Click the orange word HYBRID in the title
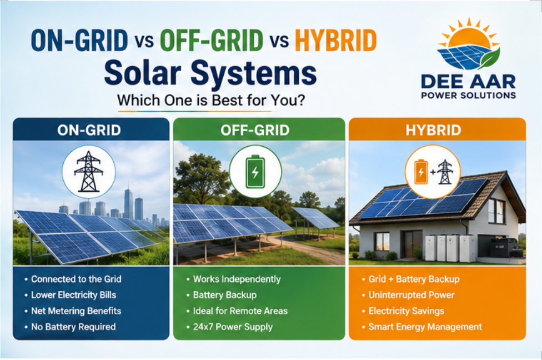335,41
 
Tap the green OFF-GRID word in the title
212,41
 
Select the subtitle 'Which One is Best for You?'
211,101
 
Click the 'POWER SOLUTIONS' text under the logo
468,96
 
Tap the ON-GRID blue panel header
89,131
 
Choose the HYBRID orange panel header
433,131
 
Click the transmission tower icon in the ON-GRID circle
89,172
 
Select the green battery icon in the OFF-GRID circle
255,172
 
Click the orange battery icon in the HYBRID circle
421,172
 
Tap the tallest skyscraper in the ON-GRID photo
128,204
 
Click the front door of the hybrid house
410,244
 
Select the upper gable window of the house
496,211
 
